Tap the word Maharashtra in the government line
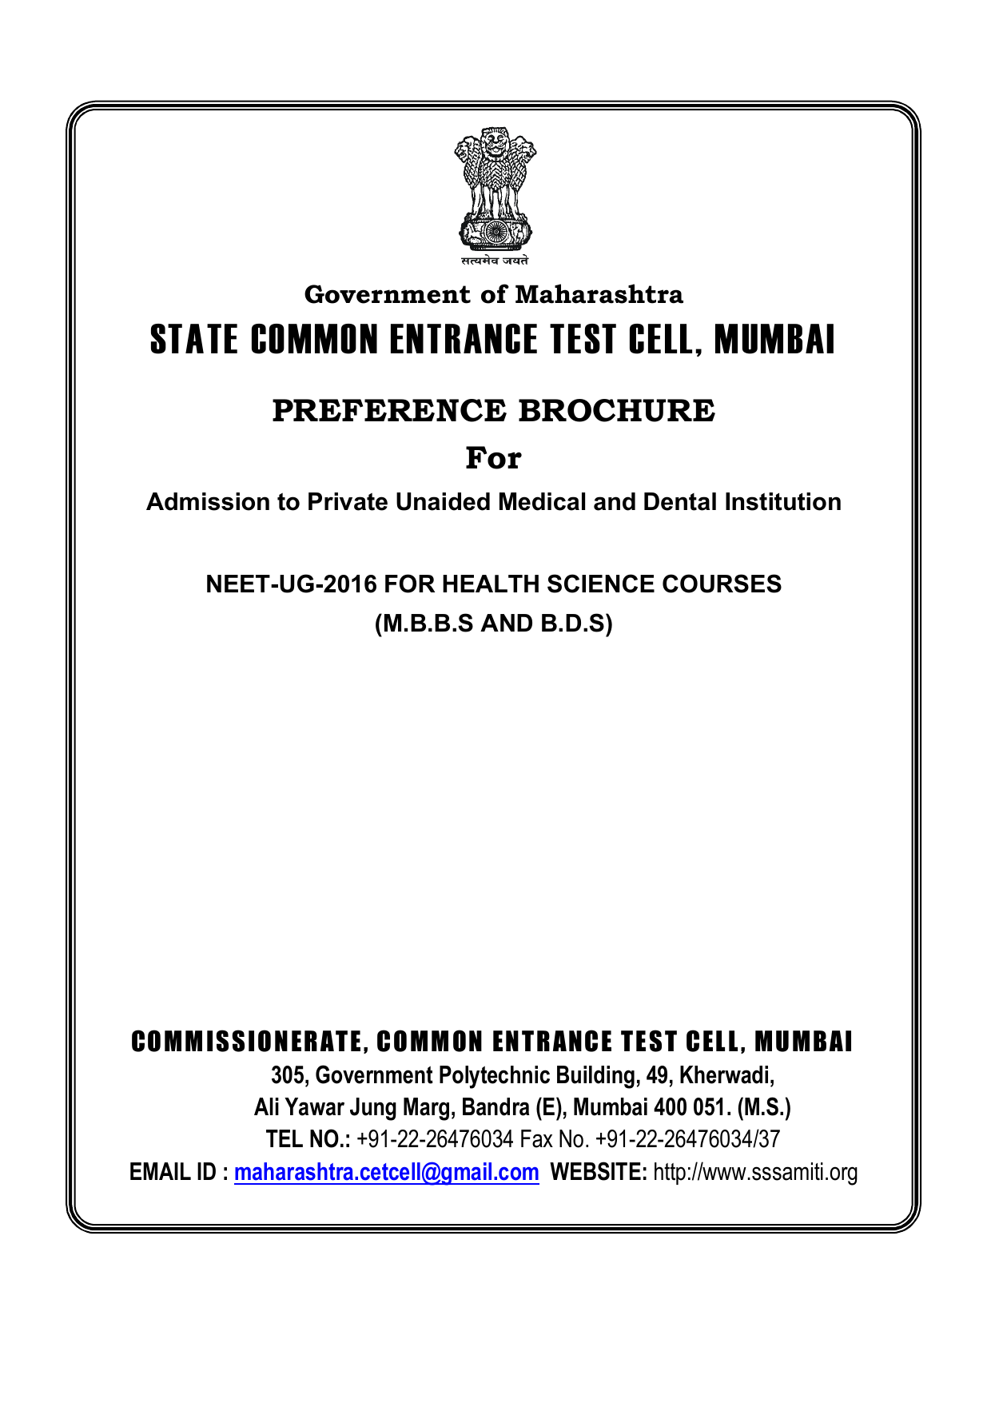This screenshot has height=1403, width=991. point(599,295)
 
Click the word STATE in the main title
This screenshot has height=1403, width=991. point(194,340)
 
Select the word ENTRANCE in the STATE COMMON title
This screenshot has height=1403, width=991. point(464,340)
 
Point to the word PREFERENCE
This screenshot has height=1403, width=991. point(389,411)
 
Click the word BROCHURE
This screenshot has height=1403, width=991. point(616,411)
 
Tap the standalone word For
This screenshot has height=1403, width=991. point(493,459)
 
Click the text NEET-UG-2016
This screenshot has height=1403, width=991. point(291,584)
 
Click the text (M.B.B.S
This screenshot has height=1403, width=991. point(424,624)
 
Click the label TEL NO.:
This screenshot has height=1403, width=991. point(308,1140)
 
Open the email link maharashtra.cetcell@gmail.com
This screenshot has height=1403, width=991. point(386,1173)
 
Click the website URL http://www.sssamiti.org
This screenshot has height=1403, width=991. point(755,1173)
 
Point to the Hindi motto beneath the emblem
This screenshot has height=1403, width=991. point(495,261)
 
